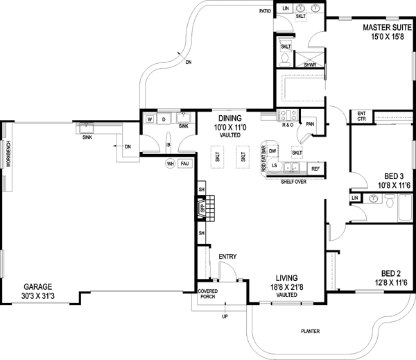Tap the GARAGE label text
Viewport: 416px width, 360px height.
(x=37, y=286)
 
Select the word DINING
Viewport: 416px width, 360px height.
(x=229, y=119)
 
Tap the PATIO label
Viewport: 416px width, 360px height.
(x=265, y=12)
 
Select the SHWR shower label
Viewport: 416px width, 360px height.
(x=310, y=65)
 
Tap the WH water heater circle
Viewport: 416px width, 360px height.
(x=170, y=164)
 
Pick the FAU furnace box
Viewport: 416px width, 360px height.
(x=184, y=164)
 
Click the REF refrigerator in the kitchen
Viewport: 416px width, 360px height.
(x=315, y=169)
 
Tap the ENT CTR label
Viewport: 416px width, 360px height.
(x=361, y=116)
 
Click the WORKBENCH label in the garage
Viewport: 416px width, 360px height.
(x=8, y=155)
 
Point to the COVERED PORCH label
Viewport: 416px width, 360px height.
(x=208, y=295)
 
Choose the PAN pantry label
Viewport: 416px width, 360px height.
(x=310, y=124)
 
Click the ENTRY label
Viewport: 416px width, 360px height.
(x=227, y=257)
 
